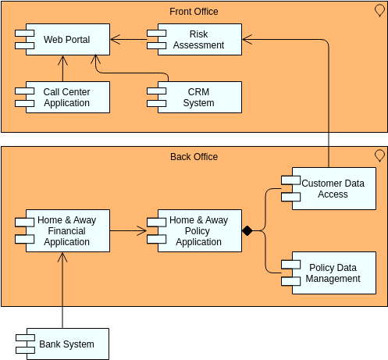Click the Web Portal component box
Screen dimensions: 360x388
pyautogui.click(x=66, y=40)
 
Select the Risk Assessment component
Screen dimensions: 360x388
pyautogui.click(x=198, y=40)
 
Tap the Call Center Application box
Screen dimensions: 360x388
pyautogui.click(x=66, y=98)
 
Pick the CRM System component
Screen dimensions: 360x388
pyautogui.click(x=198, y=98)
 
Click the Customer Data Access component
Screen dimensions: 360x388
pyautogui.click(x=333, y=189)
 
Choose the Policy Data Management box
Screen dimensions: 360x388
pyautogui.click(x=333, y=273)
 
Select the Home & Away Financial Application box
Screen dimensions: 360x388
pyautogui.click(x=66, y=231)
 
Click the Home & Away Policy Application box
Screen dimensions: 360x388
pyautogui.click(x=198, y=231)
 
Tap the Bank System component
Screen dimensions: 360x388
pyautogui.click(x=66, y=344)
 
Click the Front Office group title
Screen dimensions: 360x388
pyautogui.click(x=194, y=12)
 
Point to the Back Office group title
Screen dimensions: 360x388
pyautogui.click(x=194, y=157)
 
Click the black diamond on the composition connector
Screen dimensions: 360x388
pyautogui.click(x=247, y=231)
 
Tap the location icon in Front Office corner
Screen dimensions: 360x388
pyautogui.click(x=380, y=10)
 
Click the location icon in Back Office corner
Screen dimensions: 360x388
pyautogui.click(x=380, y=155)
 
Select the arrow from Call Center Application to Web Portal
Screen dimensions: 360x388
pyautogui.click(x=62, y=69)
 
